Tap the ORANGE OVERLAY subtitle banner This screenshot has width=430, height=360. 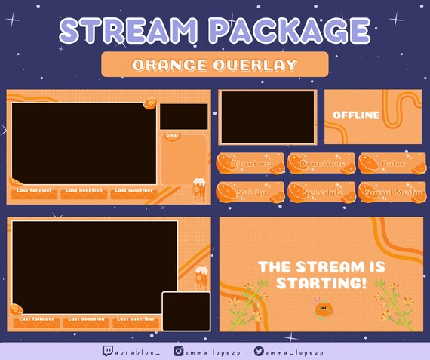pyautogui.click(x=214, y=65)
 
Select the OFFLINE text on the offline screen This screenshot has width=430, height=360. pyautogui.click(x=356, y=115)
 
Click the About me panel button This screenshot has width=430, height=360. pyautogui.click(x=250, y=164)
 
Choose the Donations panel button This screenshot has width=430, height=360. pyautogui.click(x=321, y=164)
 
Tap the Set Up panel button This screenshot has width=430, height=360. pyautogui.click(x=250, y=192)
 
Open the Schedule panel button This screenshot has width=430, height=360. pyautogui.click(x=321, y=192)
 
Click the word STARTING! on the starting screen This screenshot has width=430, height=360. pyautogui.click(x=321, y=284)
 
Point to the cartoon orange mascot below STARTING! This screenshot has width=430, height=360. pyautogui.click(x=325, y=308)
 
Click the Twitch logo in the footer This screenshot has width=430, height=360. pyautogui.click(x=108, y=351)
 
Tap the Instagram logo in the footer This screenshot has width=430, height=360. pyautogui.click(x=179, y=351)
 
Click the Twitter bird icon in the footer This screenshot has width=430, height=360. pyautogui.click(x=259, y=351)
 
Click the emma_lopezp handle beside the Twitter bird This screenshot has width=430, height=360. pyautogui.click(x=294, y=351)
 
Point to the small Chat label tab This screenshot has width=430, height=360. pyautogui.click(x=172, y=136)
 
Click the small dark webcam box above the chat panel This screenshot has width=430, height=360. pyautogui.click(x=183, y=116)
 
